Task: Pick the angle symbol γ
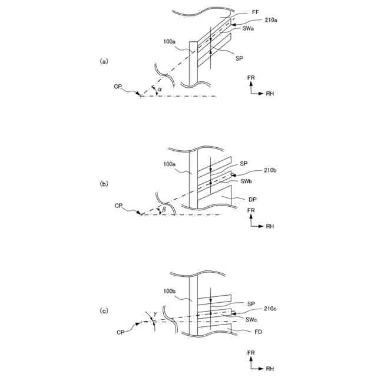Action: [x=155, y=314]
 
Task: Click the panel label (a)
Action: [x=104, y=61]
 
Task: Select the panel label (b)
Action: [x=104, y=183]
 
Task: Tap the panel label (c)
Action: [x=104, y=310]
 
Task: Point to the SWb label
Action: [x=246, y=182]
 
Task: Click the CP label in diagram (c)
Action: [x=121, y=332]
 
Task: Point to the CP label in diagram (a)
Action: [x=120, y=87]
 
